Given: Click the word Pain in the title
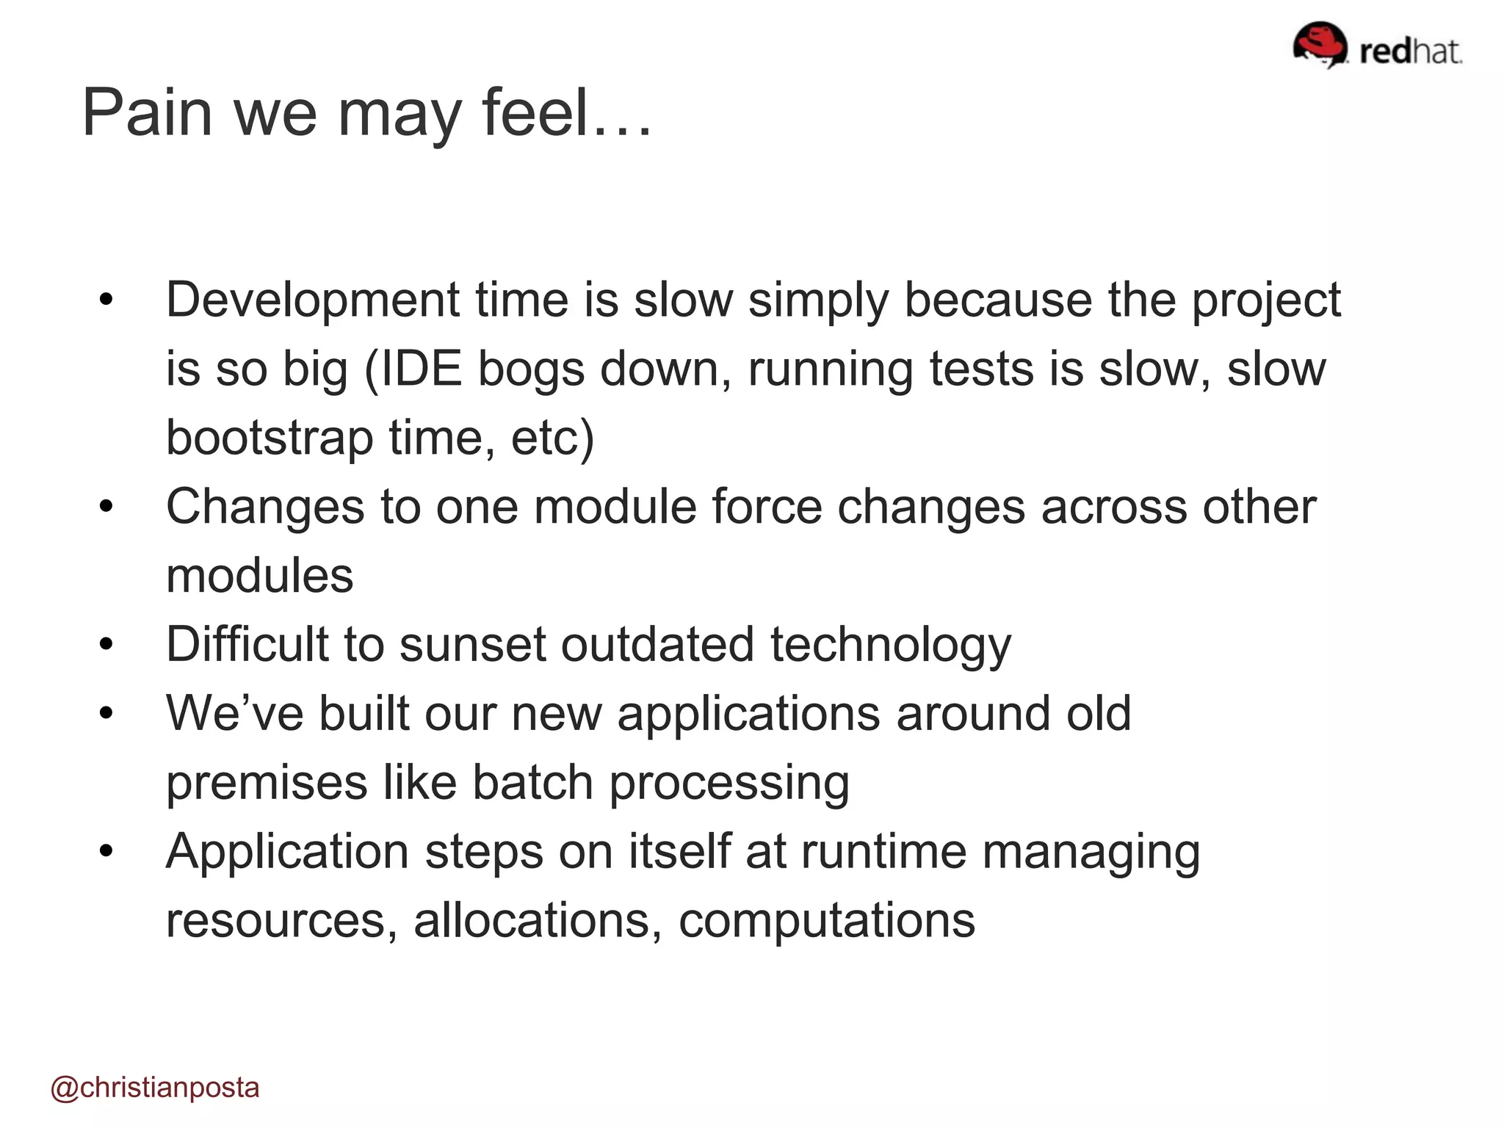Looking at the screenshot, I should tap(146, 113).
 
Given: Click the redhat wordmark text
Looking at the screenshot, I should tap(1410, 51).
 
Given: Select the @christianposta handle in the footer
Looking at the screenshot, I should tap(155, 1088).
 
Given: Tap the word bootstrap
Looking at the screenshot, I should tap(269, 438).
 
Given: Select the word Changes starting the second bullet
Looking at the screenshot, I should tap(265, 507).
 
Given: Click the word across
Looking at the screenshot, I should tap(1113, 507).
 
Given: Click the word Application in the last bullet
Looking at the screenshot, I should tap(287, 852).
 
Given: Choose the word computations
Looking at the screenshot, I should tap(827, 921).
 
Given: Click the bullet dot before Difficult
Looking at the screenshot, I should tap(106, 645).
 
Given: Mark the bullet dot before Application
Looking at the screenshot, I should tap(106, 852).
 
